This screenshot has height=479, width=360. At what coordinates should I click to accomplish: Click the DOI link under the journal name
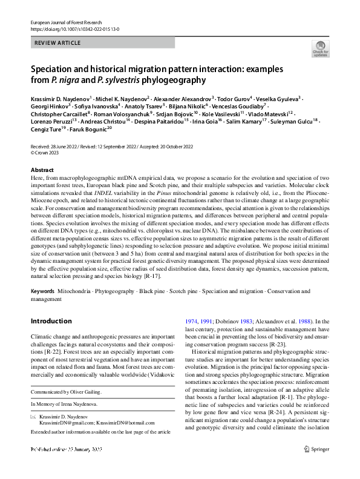(x=74, y=28)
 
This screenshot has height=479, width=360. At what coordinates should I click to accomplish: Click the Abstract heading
(x=42, y=170)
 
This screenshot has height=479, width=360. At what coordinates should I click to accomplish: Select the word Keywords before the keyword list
(x=42, y=291)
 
